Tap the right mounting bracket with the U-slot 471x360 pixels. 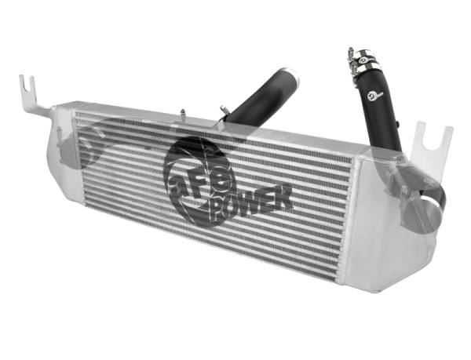(x=430, y=146)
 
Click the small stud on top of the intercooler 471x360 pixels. (x=182, y=114)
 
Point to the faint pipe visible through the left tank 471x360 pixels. (x=90, y=145)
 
